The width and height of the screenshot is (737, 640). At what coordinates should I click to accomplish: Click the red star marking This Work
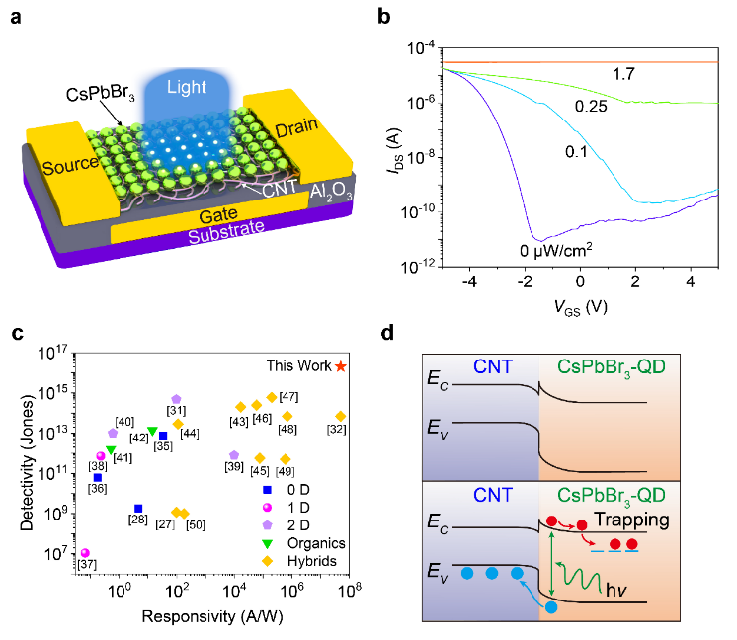(x=341, y=366)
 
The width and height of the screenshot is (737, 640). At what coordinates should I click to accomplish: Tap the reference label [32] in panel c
(x=337, y=430)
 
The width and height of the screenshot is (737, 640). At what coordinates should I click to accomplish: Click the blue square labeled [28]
(x=138, y=509)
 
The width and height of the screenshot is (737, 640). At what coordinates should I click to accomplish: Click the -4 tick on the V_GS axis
(x=469, y=281)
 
